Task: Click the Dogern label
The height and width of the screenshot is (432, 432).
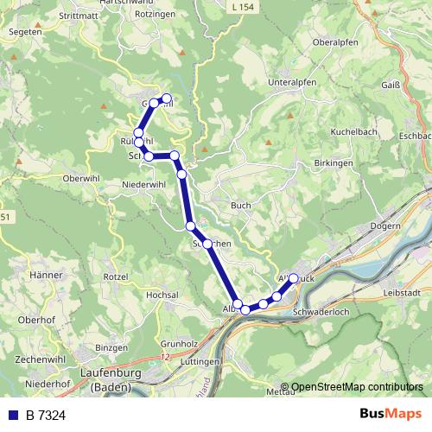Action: point(384,226)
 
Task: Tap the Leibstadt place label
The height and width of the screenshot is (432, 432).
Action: point(400,293)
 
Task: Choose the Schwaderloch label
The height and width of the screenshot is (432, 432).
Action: point(321,311)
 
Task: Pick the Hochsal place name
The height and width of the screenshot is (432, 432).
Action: point(162,295)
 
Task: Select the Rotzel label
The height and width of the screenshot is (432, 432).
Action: point(116,276)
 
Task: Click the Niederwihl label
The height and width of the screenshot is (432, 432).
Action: point(143,185)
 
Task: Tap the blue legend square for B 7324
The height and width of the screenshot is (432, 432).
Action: point(12,415)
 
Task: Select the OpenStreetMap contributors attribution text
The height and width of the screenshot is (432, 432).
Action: point(356,387)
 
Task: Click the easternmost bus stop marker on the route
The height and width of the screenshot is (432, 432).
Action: point(294,278)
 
